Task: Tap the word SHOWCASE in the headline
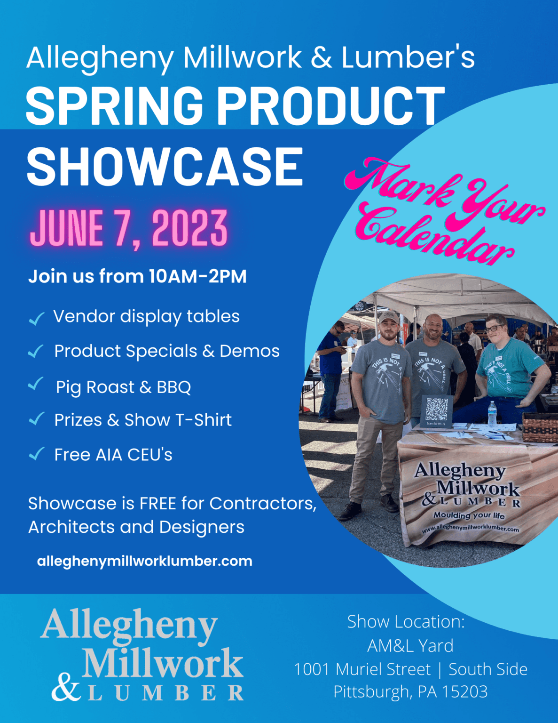[165, 167]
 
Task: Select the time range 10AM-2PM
[197, 276]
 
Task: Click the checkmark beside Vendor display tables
[36, 319]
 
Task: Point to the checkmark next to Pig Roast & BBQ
[36, 384]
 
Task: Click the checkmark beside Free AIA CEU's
[36, 454]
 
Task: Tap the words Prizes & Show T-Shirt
[143, 420]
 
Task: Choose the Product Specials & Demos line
[167, 351]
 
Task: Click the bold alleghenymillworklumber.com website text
[144, 561]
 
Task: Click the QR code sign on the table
[436, 411]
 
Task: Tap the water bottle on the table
[492, 414]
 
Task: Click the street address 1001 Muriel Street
[362, 669]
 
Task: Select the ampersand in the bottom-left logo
[66, 688]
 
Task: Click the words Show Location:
[406, 622]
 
